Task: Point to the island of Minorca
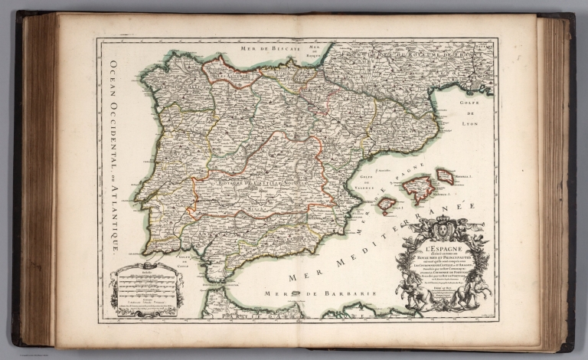[x=446, y=176]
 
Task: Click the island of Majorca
[x=419, y=188]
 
